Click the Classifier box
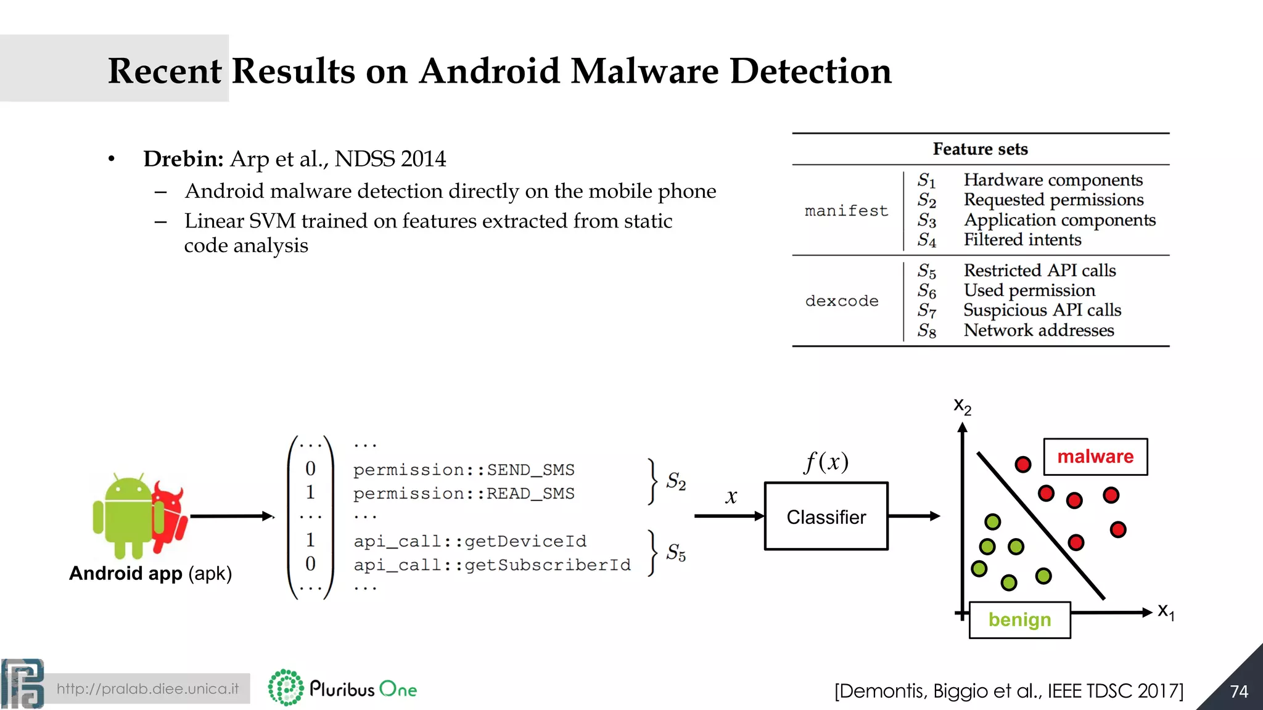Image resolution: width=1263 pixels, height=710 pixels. pyautogui.click(x=826, y=516)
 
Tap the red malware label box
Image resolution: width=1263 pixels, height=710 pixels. pyautogui.click(x=1095, y=457)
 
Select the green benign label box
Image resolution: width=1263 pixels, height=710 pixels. pyautogui.click(x=1019, y=619)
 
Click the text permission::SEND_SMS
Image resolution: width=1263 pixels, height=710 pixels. pyautogui.click(x=463, y=470)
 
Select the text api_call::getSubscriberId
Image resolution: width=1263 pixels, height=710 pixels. pyautogui.click(x=492, y=565)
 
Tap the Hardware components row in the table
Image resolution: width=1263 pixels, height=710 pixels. pyautogui.click(x=1053, y=180)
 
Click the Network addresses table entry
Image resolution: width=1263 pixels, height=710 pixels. pyautogui.click(x=1039, y=330)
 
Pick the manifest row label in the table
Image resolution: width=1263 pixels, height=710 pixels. pyautogui.click(x=846, y=211)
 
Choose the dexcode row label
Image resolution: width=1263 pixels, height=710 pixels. pyautogui.click(x=842, y=301)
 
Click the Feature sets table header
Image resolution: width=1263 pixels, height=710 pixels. pyautogui.click(x=980, y=149)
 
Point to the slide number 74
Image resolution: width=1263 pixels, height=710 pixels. pyautogui.click(x=1238, y=692)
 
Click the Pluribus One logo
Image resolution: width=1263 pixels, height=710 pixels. pyautogui.click(x=343, y=688)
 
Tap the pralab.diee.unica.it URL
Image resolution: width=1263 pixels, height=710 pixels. pyautogui.click(x=147, y=688)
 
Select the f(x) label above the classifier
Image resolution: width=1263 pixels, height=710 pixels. pyautogui.click(x=826, y=462)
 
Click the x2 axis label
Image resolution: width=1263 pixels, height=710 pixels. pyautogui.click(x=961, y=406)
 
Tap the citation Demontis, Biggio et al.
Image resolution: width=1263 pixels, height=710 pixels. pyautogui.click(x=1008, y=691)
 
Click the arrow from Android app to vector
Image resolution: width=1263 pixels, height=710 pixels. pyautogui.click(x=231, y=516)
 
